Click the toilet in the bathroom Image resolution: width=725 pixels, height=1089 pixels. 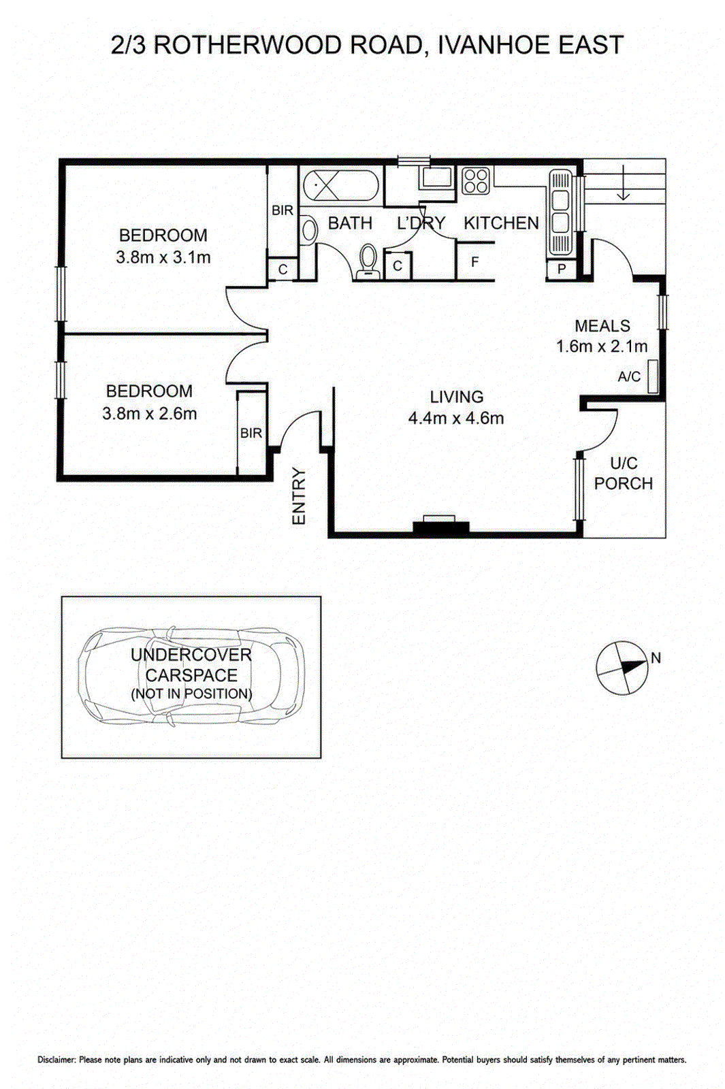(368, 261)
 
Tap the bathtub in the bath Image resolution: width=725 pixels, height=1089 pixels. (341, 185)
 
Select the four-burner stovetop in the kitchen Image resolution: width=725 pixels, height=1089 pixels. (475, 180)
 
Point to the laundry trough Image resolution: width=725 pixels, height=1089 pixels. (436, 178)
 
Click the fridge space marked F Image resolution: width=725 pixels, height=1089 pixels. (475, 261)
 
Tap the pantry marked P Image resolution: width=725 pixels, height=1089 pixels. (562, 269)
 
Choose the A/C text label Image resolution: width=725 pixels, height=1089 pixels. (629, 376)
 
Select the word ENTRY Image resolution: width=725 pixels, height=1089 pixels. (299, 496)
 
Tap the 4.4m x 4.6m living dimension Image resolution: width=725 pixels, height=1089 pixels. (456, 418)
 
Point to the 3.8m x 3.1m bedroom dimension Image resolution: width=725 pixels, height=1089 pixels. (163, 257)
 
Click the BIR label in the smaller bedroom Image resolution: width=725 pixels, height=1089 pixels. (251, 433)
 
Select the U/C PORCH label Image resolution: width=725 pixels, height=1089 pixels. (624, 474)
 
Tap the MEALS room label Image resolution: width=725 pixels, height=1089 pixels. (602, 325)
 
